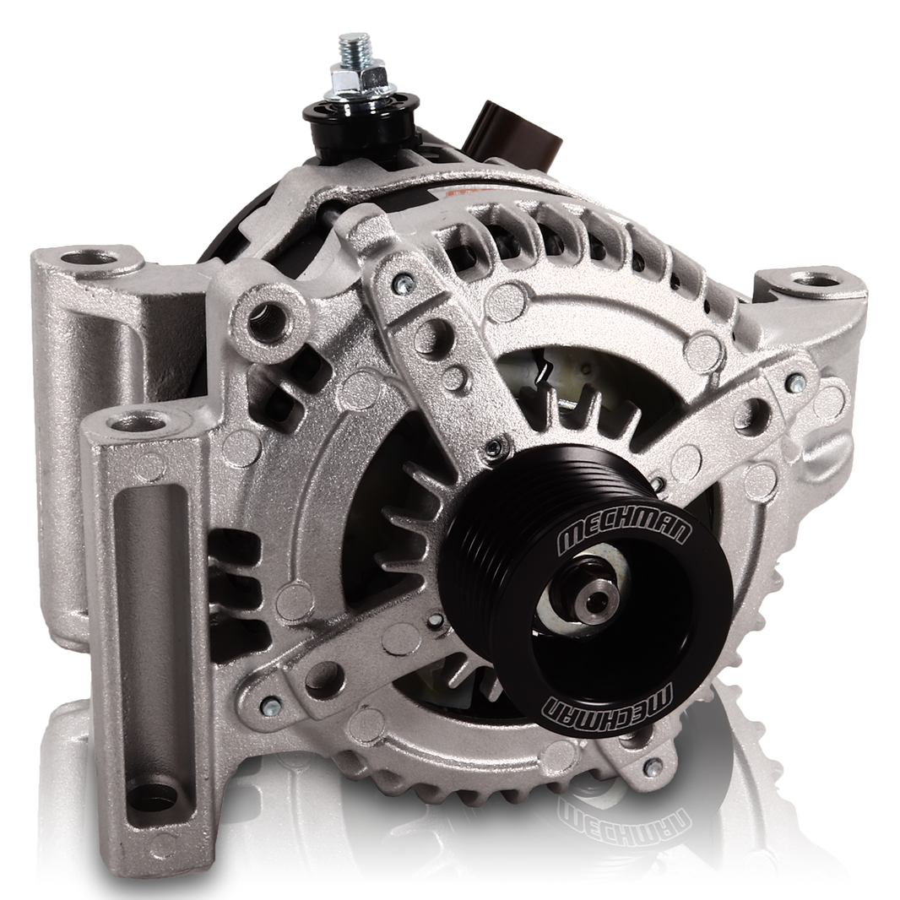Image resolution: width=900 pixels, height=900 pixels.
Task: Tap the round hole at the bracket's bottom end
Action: pyautogui.click(x=153, y=794)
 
